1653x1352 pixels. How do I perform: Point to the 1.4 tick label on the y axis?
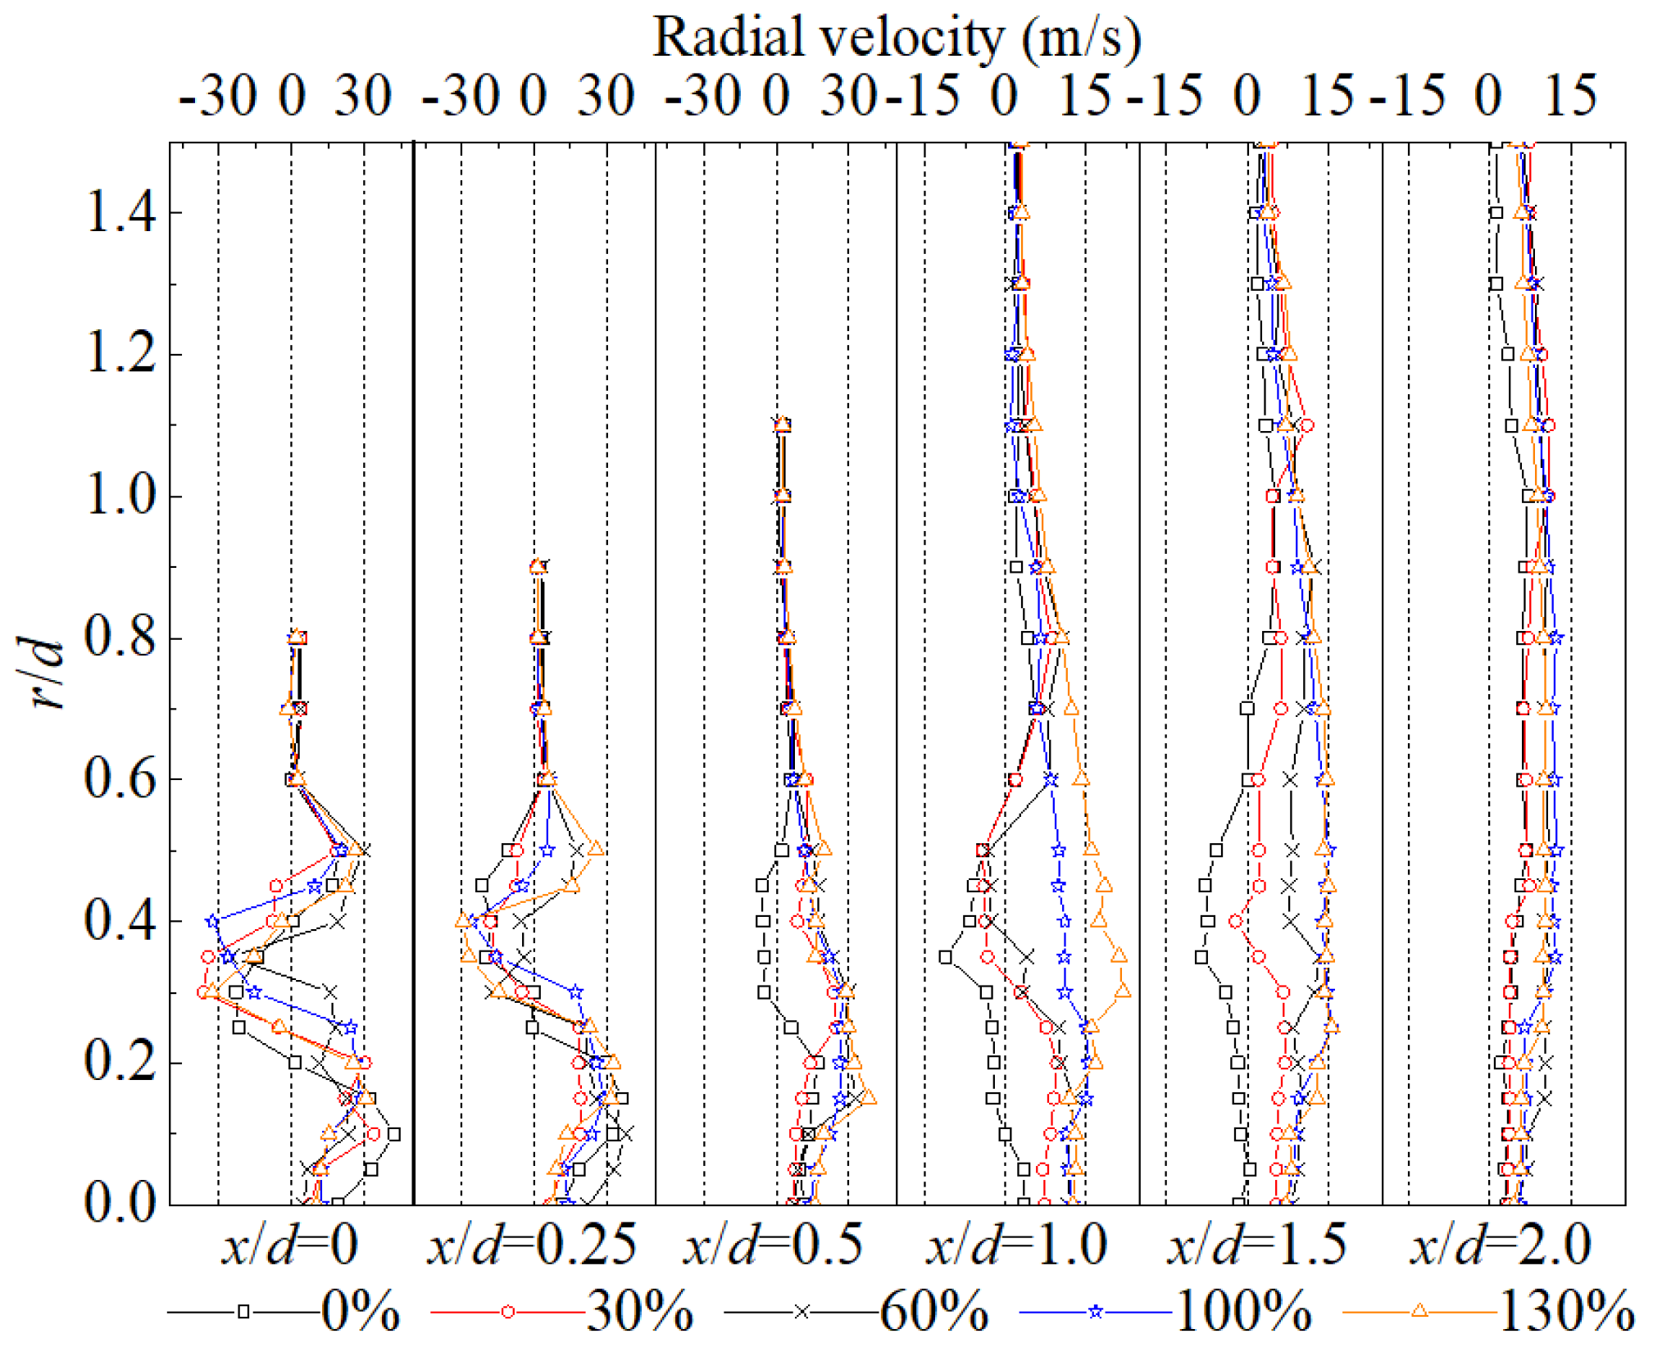point(120,212)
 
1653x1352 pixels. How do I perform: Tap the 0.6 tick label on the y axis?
point(120,779)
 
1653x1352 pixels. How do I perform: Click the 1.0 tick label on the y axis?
point(120,497)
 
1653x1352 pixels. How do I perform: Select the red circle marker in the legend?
point(508,1312)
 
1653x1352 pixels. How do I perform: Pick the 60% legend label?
point(934,1313)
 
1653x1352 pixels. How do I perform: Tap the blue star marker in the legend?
point(1095,1312)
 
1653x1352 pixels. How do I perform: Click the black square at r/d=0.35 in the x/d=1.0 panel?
point(946,956)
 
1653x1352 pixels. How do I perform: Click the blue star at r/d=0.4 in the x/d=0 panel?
point(213,921)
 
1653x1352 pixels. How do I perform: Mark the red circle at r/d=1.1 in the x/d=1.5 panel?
point(1308,425)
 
